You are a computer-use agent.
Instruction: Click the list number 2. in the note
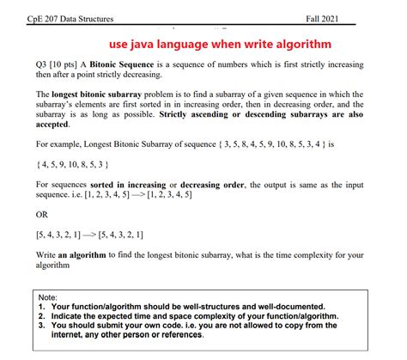pyautogui.click(x=43, y=316)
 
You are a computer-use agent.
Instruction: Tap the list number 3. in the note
pyautogui.click(x=43, y=326)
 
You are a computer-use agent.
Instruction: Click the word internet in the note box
pyautogui.click(x=71, y=336)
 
